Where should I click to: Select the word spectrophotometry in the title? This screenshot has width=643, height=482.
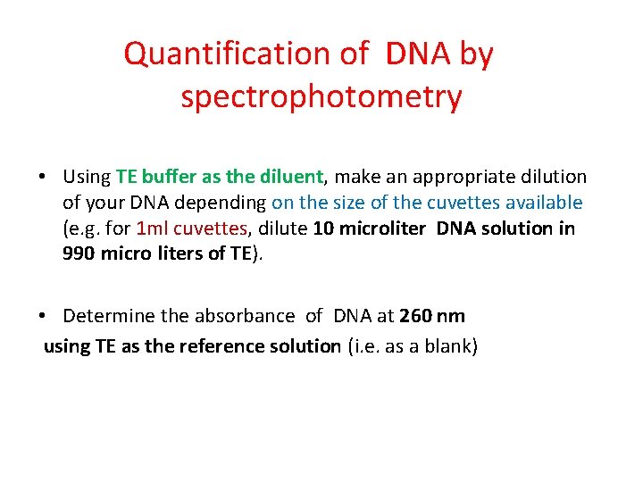321,97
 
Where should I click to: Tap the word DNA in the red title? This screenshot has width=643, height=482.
419,54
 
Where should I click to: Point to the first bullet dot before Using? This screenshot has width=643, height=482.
43,178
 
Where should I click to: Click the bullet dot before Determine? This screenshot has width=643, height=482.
43,316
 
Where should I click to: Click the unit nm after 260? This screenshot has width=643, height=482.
452,316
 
